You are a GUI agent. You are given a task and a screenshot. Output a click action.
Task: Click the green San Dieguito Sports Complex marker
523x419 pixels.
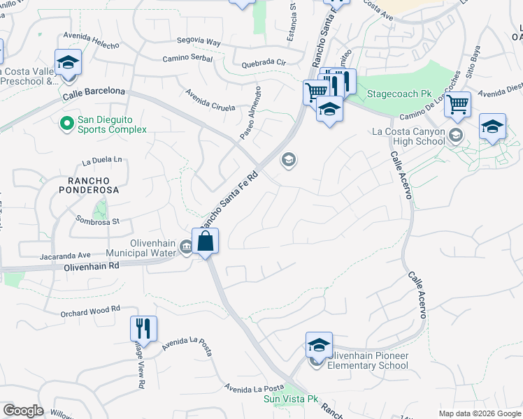point(67,124)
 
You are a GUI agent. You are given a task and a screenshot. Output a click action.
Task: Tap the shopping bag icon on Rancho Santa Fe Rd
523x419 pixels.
point(206,242)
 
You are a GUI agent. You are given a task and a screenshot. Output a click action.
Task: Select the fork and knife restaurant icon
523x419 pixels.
point(143,328)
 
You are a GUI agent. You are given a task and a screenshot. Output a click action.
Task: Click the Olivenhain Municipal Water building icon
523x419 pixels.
point(187,246)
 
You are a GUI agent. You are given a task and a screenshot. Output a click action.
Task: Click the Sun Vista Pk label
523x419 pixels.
point(290,399)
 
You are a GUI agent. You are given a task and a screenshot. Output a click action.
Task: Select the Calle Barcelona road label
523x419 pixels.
point(94,91)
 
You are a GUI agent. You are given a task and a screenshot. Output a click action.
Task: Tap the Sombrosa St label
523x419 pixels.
point(98,221)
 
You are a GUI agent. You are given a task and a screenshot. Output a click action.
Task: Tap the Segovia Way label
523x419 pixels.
point(199,43)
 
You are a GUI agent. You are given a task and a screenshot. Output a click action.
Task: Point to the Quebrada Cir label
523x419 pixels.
point(264,61)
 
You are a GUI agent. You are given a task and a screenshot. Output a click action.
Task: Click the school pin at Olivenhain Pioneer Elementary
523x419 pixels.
point(318,346)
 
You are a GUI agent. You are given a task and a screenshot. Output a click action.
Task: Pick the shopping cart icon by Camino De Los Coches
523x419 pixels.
point(457,105)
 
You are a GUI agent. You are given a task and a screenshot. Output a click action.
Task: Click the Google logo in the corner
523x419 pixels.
point(23,411)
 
